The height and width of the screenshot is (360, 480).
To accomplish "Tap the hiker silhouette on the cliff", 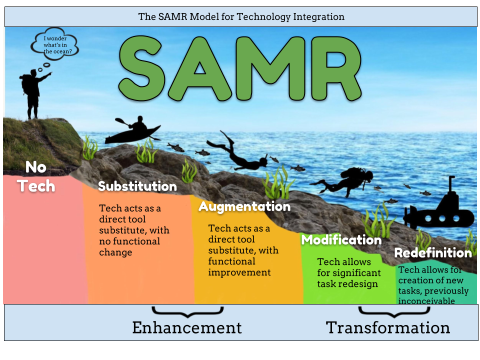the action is (33, 95).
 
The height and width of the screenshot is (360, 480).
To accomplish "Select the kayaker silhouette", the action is (133, 131).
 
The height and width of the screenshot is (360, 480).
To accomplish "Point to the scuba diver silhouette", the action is (343, 181).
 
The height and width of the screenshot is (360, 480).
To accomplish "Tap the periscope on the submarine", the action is (451, 184).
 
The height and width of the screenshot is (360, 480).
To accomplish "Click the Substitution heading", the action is (137, 186).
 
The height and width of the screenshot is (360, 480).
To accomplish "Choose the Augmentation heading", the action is (244, 206).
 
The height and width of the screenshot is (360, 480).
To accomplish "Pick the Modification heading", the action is (341, 239).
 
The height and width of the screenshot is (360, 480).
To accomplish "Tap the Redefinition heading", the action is (433, 253).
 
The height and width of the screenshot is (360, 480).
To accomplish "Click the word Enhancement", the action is (187, 327).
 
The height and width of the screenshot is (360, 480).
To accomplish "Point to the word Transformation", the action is (388, 327).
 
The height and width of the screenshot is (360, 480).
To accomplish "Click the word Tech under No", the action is (36, 186).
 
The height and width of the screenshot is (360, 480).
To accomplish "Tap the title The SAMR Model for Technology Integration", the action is (241, 16).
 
